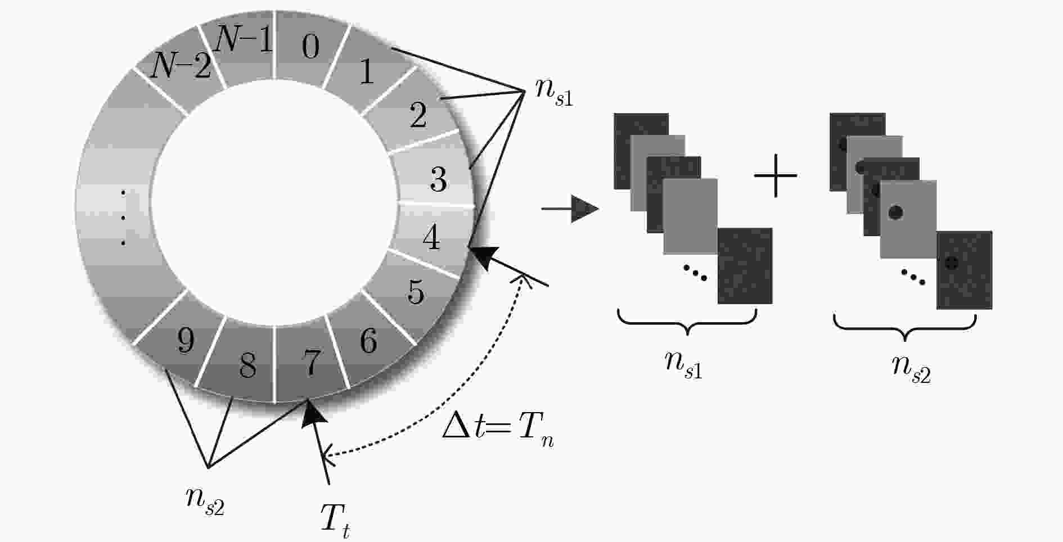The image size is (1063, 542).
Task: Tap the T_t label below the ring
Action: tap(335, 521)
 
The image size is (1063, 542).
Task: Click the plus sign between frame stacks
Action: tap(776, 176)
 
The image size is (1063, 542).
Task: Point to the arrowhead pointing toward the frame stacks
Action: tap(585, 209)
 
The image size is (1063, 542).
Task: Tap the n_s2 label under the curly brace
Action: tap(912, 369)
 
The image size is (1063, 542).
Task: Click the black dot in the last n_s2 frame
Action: tap(951, 263)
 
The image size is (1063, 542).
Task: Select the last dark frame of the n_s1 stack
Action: tap(745, 266)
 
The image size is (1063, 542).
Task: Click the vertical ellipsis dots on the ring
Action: tap(123, 218)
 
